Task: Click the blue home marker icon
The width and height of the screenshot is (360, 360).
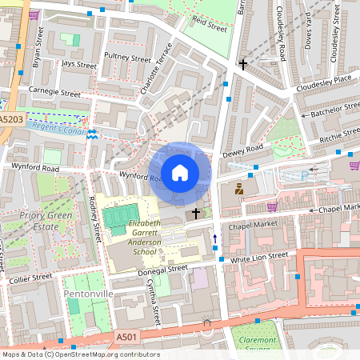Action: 180,172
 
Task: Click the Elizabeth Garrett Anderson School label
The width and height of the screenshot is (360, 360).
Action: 134,238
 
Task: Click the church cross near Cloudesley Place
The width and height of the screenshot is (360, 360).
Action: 243,64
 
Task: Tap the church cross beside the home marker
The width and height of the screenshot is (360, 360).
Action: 196,214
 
